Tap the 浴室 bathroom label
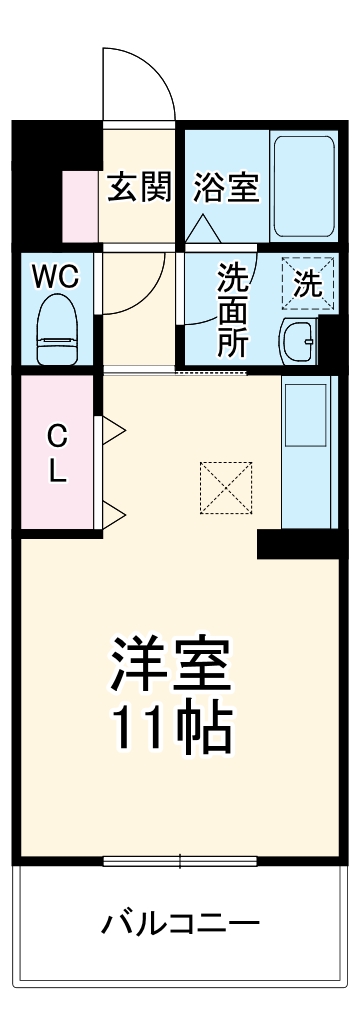pyautogui.click(x=226, y=186)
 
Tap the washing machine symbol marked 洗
pyautogui.click(x=307, y=283)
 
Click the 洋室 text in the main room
pyautogui.click(x=171, y=663)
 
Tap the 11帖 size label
pyautogui.click(x=171, y=732)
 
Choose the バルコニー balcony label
pyautogui.click(x=180, y=922)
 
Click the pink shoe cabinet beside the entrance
pyautogui.click(x=80, y=206)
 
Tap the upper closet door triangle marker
pyautogui.click(x=112, y=431)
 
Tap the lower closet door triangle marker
pyautogui.click(x=112, y=516)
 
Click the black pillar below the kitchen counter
pyautogui.click(x=297, y=544)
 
